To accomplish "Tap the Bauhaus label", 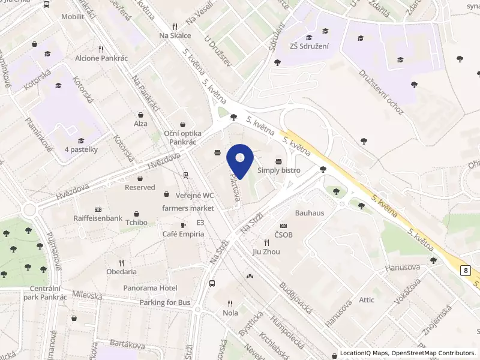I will (310, 213).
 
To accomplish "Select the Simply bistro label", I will (279, 170).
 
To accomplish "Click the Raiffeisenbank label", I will (98, 218).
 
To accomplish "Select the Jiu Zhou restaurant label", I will (266, 251).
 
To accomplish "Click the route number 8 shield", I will (466, 271).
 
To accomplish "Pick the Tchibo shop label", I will (137, 223).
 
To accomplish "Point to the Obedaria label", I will (122, 271).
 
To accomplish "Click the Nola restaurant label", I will (230, 313).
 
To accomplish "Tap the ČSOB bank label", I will (284, 235).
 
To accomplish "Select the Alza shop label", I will (140, 124).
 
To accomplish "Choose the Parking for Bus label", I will (165, 302).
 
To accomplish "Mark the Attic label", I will (367, 300).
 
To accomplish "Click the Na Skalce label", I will (175, 35).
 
